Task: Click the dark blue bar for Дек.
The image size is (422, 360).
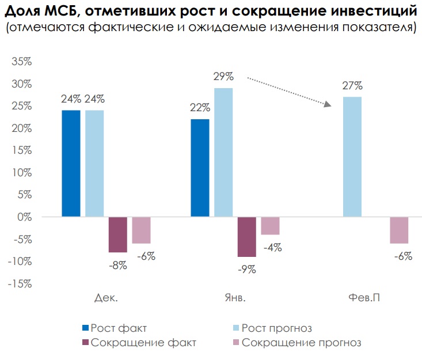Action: click(71, 164)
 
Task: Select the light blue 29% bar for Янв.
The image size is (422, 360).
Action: click(223, 153)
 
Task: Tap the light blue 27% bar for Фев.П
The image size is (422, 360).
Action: click(352, 157)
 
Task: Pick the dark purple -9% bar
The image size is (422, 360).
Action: click(247, 237)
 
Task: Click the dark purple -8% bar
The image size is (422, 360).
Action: click(118, 234)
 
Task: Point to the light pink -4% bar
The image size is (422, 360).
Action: click(270, 226)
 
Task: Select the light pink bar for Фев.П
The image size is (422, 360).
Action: click(399, 230)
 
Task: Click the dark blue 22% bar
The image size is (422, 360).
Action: click(200, 168)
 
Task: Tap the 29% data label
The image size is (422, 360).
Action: click(223, 77)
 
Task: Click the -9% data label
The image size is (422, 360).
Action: click(247, 269)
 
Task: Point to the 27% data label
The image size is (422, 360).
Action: click(352, 86)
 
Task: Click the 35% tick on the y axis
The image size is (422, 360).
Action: click(21, 62)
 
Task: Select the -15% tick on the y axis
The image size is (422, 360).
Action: click(20, 284)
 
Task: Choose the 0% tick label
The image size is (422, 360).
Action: click(25, 217)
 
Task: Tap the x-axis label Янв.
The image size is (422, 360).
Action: click(235, 298)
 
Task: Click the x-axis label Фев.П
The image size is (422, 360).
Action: click(364, 298)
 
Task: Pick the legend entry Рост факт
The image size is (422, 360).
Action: click(115, 328)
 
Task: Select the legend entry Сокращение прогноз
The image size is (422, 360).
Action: click(297, 343)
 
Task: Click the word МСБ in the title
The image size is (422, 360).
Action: click(61, 12)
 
